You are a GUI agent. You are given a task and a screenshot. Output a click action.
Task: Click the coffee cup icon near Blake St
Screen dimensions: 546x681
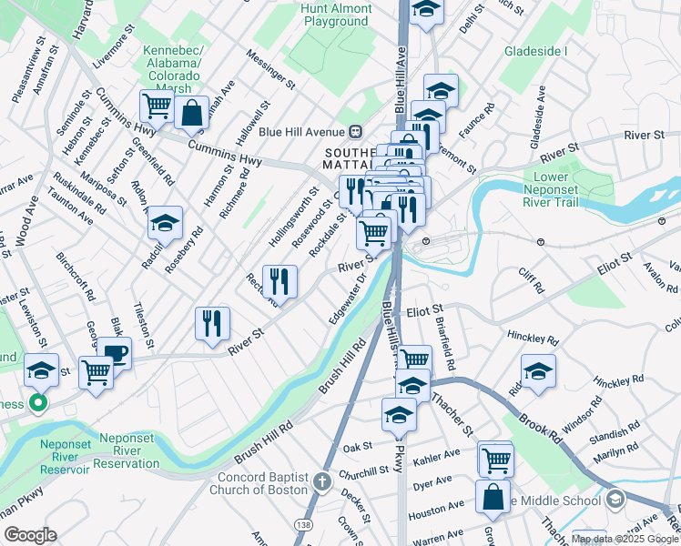(114, 353)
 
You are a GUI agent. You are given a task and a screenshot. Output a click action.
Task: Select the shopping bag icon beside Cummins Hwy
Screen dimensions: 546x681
(192, 114)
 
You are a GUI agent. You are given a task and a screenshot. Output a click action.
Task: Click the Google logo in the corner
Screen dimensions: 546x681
(30, 534)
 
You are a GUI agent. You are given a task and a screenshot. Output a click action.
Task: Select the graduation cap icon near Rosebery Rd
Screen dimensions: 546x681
(165, 222)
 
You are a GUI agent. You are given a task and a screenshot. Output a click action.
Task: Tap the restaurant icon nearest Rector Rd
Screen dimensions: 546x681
(280, 280)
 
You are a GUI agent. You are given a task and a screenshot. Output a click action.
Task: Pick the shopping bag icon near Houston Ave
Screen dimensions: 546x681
(493, 497)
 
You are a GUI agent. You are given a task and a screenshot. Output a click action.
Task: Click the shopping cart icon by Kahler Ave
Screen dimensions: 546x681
(496, 459)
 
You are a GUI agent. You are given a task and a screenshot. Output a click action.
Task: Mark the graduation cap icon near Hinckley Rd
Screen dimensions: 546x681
(538, 370)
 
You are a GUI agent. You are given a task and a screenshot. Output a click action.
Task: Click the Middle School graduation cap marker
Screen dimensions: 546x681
(616, 499)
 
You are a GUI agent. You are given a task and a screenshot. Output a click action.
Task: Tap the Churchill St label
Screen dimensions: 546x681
(364, 470)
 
